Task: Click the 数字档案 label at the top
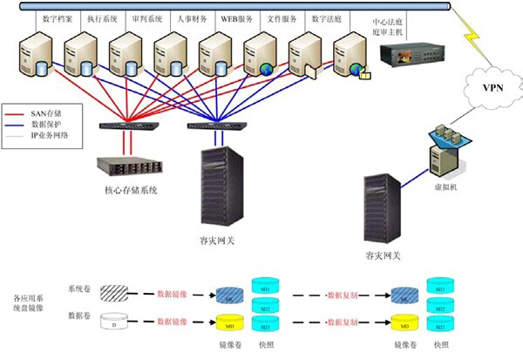(57, 18)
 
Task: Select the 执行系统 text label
(102, 18)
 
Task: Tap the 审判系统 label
(146, 18)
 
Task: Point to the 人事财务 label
(192, 18)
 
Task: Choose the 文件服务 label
(282, 18)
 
